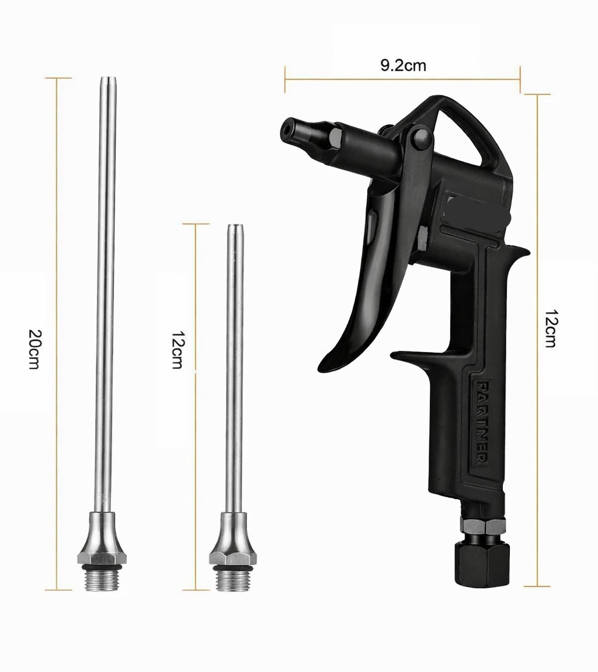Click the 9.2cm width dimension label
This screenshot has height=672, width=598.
pos(403,65)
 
